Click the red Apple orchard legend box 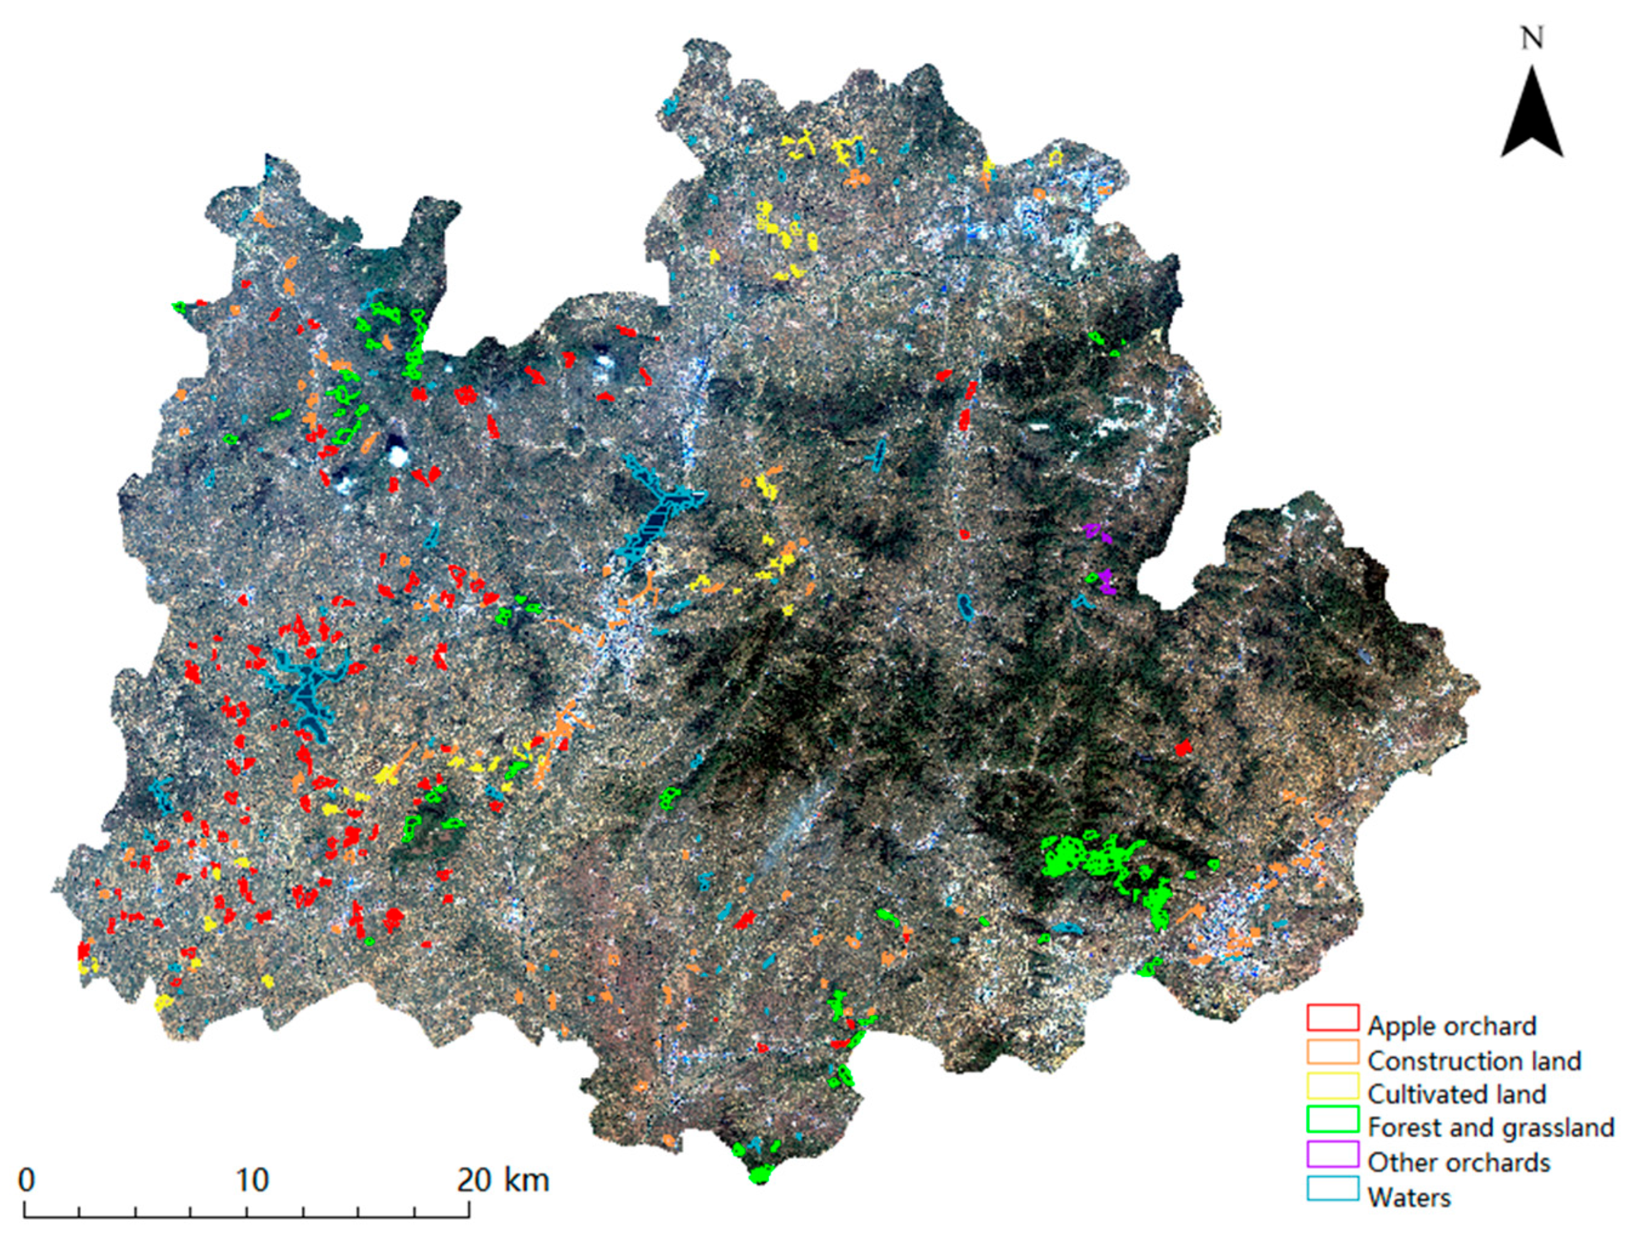[1332, 1018]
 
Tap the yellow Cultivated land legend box [1332, 1086]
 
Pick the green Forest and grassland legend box [1332, 1120]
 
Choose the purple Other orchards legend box [1332, 1154]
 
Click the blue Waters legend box [1332, 1188]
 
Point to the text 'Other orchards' [1458, 1162]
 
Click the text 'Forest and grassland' [1490, 1128]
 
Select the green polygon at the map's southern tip [760, 1173]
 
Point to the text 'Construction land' [1474, 1061]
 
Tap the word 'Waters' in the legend [1409, 1197]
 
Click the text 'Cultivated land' [1456, 1094]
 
